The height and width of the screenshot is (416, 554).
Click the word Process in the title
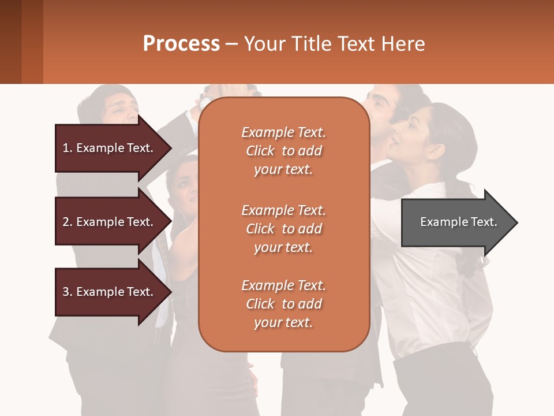click(x=181, y=44)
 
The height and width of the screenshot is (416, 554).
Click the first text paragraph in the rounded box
click(x=283, y=151)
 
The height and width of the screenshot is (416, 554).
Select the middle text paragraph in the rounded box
click(x=283, y=229)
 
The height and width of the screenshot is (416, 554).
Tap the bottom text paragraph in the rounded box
click(x=283, y=304)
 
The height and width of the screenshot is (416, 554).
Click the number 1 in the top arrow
click(x=66, y=148)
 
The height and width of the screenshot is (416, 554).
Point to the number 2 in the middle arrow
click(x=66, y=222)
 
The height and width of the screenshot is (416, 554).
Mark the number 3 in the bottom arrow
click(x=66, y=292)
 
